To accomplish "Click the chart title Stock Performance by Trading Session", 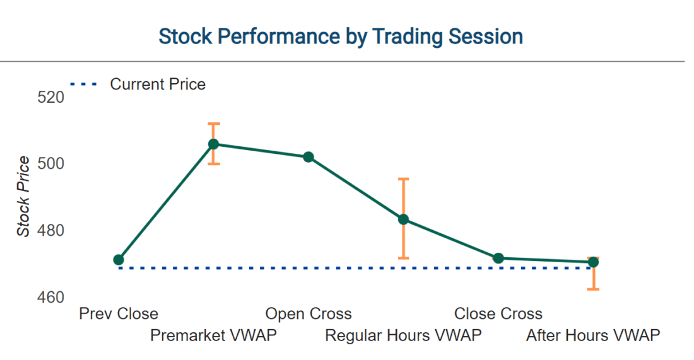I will click(x=341, y=37).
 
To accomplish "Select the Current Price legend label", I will click(x=158, y=84).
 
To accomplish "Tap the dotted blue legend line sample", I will click(x=83, y=84).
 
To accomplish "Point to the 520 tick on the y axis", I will click(x=51, y=97).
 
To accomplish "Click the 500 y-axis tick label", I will click(x=51, y=164).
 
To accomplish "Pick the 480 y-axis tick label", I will click(x=51, y=231).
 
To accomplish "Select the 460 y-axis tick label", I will click(x=51, y=297).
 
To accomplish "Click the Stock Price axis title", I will click(x=23, y=196).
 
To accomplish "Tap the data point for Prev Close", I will click(x=119, y=260).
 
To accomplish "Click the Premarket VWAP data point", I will click(x=213, y=144).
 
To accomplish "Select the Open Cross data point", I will click(x=309, y=157).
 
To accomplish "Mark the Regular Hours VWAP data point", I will click(x=403, y=219).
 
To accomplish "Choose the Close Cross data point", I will click(x=498, y=258).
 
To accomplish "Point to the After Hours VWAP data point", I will click(x=593, y=262).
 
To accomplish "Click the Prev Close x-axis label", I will click(x=119, y=313).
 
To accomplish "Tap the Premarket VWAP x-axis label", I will click(x=213, y=335).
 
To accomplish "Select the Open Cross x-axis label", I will click(x=309, y=313).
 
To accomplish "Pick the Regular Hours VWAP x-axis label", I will click(x=403, y=335).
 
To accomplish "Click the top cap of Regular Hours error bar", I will click(x=403, y=179).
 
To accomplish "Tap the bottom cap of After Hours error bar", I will click(x=593, y=289).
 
